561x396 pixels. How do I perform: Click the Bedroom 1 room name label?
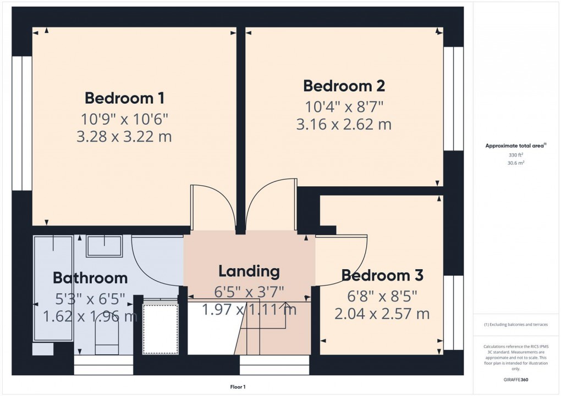click(x=124, y=98)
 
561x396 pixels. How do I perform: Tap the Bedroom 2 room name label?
click(x=344, y=86)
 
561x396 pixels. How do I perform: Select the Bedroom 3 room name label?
click(x=382, y=275)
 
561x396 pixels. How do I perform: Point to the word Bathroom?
click(x=90, y=278)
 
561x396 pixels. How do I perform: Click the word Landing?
click(x=249, y=271)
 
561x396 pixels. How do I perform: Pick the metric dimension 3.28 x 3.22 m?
click(x=124, y=136)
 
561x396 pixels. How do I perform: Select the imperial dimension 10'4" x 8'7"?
click(x=344, y=105)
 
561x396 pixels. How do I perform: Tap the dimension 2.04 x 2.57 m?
click(x=382, y=314)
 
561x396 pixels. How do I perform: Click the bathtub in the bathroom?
click(x=53, y=288)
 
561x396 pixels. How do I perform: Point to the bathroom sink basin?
click(x=105, y=246)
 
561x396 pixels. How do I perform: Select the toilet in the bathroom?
click(x=107, y=335)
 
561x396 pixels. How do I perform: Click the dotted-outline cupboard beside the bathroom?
click(x=161, y=328)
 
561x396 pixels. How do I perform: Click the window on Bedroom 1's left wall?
click(x=22, y=122)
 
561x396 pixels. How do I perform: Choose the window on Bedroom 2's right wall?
click(x=453, y=98)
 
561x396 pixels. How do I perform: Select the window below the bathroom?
click(x=103, y=365)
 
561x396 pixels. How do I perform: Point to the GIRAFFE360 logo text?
click(x=516, y=380)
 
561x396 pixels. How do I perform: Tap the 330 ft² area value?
click(x=515, y=155)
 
